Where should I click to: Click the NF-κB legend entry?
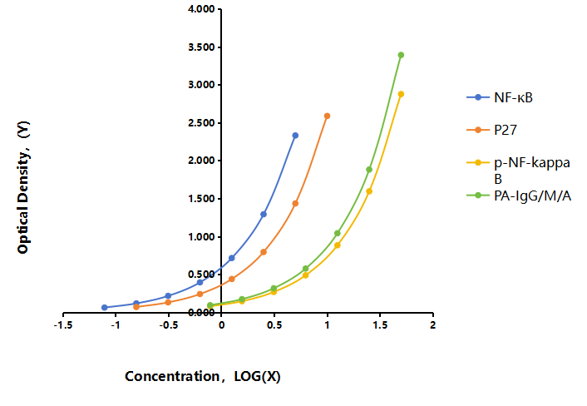(500, 97)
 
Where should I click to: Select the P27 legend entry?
(492, 130)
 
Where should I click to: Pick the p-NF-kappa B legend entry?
(519, 171)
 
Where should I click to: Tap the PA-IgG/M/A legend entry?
(519, 196)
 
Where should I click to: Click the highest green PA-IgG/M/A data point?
(401, 55)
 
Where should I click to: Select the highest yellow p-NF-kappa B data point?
(401, 94)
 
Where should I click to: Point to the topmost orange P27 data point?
(328, 116)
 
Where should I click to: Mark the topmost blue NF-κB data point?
(295, 136)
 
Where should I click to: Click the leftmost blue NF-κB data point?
(105, 308)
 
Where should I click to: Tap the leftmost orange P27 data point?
(136, 307)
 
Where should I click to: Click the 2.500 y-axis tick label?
(201, 123)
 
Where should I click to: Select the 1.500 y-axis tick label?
(201, 199)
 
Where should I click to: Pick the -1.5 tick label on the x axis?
(63, 325)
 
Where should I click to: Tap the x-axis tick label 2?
(432, 325)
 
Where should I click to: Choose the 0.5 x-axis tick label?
(274, 325)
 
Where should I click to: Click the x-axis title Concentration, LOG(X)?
(203, 376)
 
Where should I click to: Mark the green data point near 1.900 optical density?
(369, 170)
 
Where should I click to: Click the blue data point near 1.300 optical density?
(264, 215)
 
